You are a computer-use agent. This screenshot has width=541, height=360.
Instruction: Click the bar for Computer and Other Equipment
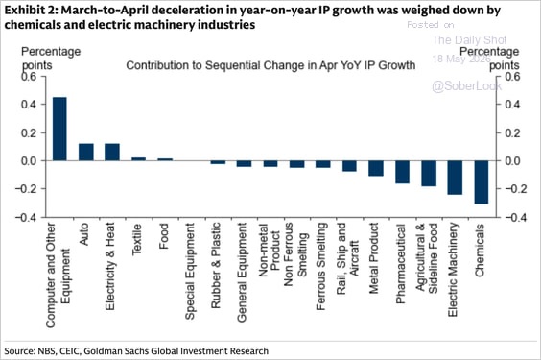coord(59,129)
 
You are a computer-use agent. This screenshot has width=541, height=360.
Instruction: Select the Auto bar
coord(86,153)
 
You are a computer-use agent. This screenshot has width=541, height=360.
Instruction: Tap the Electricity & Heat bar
coord(112,153)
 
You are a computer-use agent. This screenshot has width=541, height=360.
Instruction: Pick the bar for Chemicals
coord(482,182)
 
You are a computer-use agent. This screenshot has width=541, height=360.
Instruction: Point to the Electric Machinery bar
coord(455,178)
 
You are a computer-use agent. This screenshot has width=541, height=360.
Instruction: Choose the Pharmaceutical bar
coord(402,172)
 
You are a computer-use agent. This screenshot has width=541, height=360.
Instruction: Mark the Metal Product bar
coord(376,168)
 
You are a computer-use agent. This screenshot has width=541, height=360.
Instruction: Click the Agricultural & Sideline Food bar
coord(429,174)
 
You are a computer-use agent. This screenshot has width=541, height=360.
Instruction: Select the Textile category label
coord(137,240)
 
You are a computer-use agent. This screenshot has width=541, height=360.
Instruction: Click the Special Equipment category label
coord(190,272)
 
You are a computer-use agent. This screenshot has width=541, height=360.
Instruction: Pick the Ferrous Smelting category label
coord(321,266)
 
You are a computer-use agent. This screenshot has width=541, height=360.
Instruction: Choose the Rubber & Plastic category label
coord(216,265)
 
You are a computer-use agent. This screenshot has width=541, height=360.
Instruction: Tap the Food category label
coord(163,236)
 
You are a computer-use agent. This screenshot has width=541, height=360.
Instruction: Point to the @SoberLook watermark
coord(467,86)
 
